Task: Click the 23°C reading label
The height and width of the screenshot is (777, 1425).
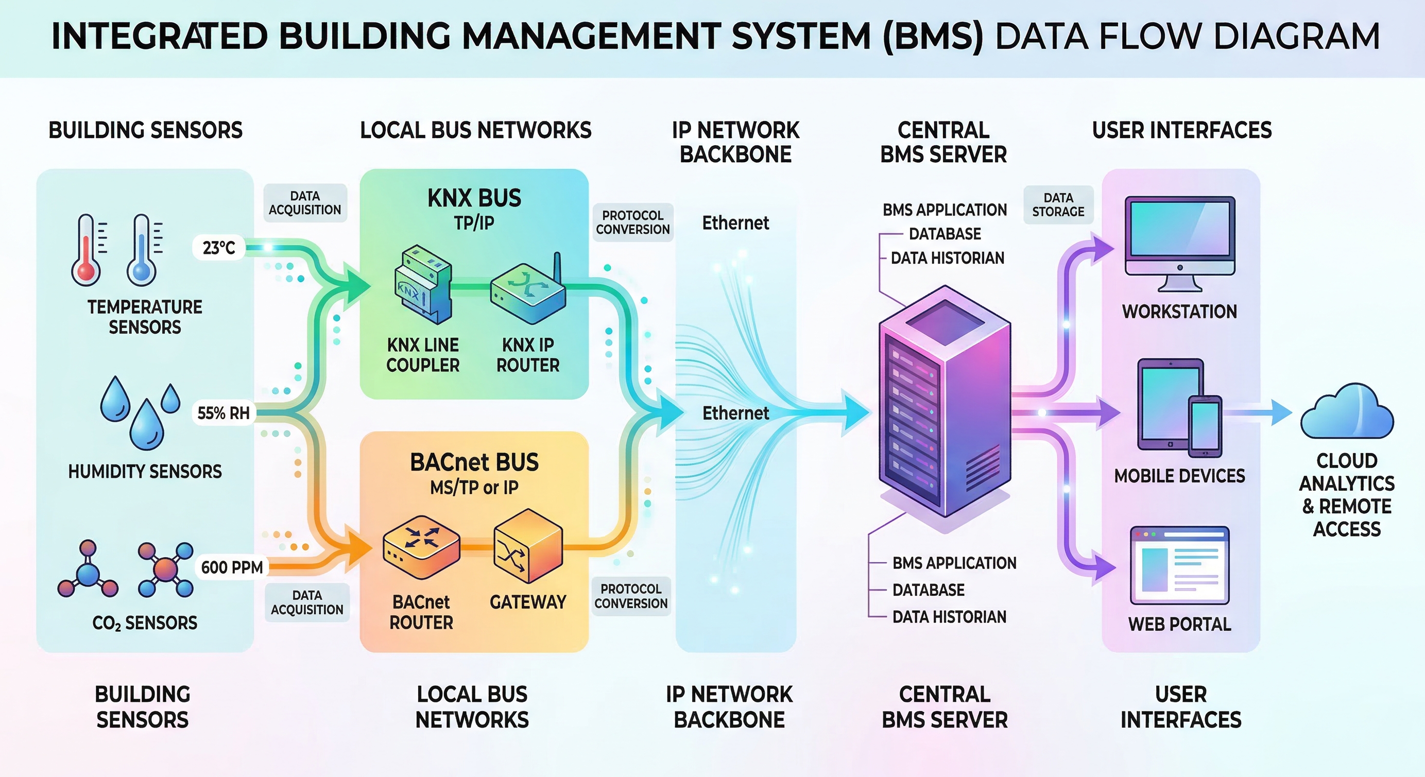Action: [x=219, y=248]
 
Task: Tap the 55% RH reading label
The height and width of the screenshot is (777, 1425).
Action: [x=224, y=412]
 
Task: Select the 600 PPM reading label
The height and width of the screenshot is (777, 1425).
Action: [x=232, y=567]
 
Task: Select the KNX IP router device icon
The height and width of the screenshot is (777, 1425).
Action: [x=528, y=293]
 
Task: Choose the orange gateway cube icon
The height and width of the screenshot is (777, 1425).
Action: [x=528, y=545]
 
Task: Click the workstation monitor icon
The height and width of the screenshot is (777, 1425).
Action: [x=1179, y=244]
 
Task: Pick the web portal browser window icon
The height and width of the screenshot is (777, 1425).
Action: [x=1179, y=565]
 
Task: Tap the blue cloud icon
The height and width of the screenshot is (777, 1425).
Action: [x=1346, y=412]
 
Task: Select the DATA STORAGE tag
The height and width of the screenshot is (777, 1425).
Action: [x=1058, y=204]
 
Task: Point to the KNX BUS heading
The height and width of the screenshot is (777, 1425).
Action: [x=474, y=198]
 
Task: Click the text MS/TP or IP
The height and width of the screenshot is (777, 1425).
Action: [x=474, y=487]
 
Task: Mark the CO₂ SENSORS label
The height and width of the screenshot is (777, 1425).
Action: [x=145, y=623]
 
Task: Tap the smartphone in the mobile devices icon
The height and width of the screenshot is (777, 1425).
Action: [x=1206, y=426]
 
